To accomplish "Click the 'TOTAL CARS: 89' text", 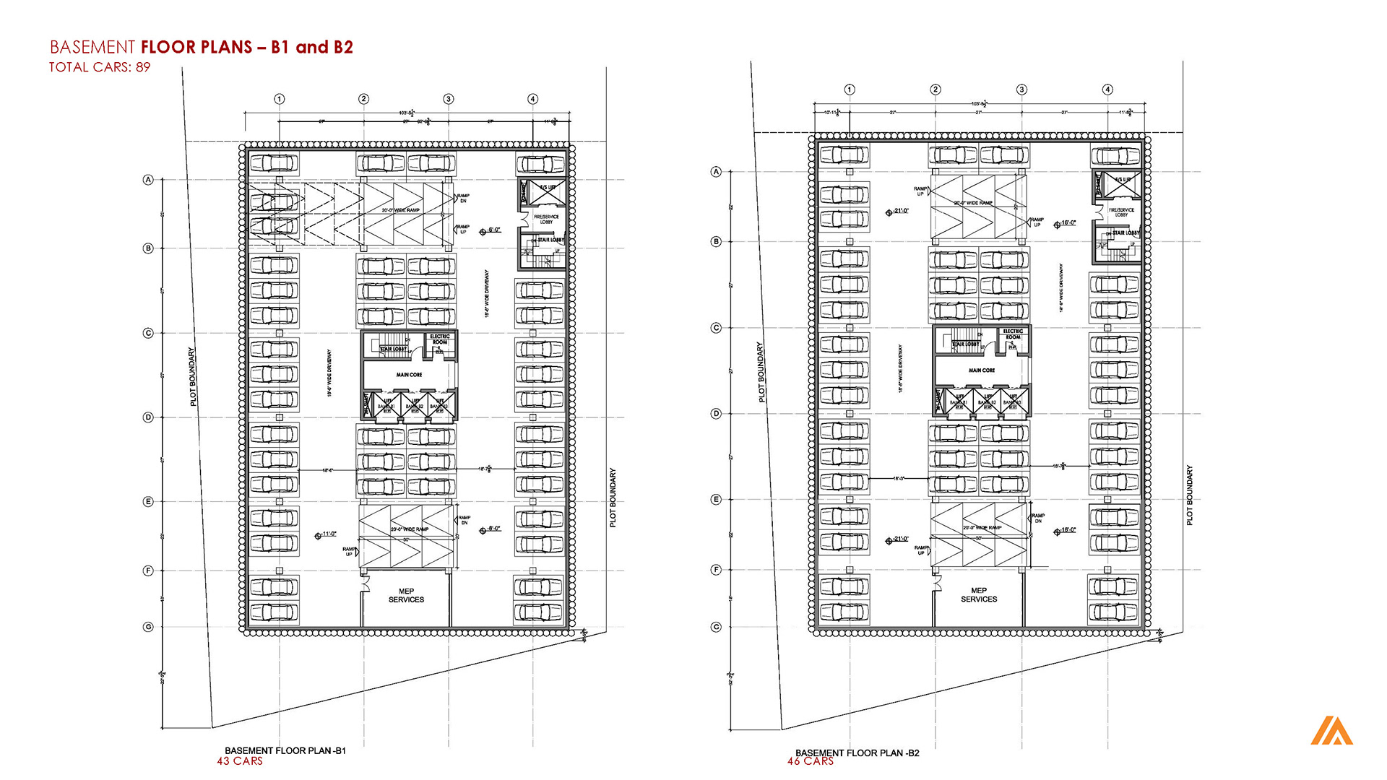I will (100, 67).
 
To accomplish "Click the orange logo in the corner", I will (1331, 731).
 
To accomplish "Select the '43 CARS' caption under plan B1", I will (240, 761).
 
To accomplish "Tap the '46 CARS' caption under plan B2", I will (811, 761).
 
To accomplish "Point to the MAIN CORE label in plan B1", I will (409, 375).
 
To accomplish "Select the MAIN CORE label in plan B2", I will (982, 370).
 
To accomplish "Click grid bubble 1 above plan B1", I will (280, 99).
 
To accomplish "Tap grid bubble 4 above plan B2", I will (1107, 90).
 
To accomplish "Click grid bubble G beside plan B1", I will (148, 627).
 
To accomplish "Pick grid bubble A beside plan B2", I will (717, 172).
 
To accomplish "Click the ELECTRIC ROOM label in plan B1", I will (440, 339).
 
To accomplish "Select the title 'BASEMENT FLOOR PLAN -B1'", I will (285, 751).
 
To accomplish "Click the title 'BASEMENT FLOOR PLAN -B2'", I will (857, 753).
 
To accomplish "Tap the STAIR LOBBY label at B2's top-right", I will (1125, 233).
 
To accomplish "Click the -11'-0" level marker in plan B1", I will (327, 534).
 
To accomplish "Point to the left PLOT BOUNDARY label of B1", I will (193, 376).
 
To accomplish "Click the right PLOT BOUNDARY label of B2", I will (1189, 495).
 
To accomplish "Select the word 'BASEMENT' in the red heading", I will (92, 48).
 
